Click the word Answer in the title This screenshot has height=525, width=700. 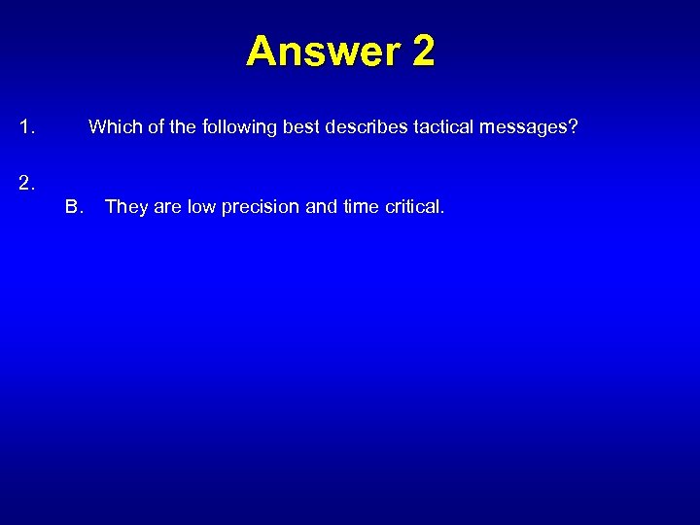[x=323, y=52]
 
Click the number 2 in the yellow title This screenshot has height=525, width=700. [x=423, y=52]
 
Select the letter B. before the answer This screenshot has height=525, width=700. [x=75, y=206]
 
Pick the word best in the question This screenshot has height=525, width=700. [x=298, y=126]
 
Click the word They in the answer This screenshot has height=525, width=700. [x=126, y=206]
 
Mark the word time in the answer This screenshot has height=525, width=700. [x=361, y=206]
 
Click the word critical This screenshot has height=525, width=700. [x=415, y=206]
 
